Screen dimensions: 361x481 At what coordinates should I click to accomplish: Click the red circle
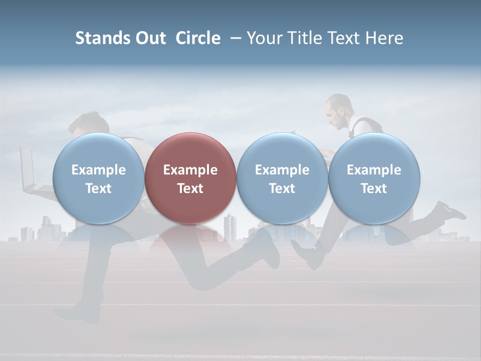[x=190, y=178]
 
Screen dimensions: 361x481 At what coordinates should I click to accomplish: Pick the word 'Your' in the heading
[x=265, y=38]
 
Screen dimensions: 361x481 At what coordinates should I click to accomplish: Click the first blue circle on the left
[x=98, y=178]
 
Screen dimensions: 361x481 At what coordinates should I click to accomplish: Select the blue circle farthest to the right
[x=374, y=178]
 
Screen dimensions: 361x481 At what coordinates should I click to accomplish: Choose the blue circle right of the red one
[x=282, y=178]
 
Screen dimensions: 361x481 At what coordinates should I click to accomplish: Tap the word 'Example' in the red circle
[x=190, y=170]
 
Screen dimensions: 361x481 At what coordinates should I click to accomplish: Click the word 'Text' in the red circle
[x=190, y=189]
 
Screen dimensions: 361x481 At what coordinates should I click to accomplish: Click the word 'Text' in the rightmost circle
[x=374, y=189]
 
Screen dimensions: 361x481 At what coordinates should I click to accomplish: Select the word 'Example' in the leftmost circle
[x=98, y=170]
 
